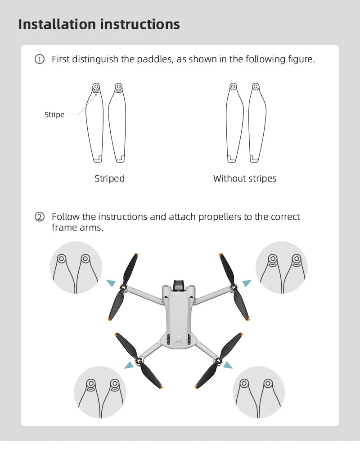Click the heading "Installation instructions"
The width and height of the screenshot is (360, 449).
point(99,24)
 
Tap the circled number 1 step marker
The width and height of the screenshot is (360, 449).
point(40,59)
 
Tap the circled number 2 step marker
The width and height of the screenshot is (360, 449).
point(40,217)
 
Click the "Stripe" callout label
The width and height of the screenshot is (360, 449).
point(54,115)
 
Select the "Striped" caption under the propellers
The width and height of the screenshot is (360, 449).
point(109,179)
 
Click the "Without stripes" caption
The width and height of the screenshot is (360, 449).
point(245,179)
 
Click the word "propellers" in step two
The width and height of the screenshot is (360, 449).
point(220,217)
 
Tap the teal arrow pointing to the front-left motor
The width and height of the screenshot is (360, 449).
point(111,283)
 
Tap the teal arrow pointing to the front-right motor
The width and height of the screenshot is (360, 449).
point(247,283)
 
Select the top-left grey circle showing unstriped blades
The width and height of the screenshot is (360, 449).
point(76,268)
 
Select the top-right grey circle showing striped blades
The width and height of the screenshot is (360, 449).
point(282,268)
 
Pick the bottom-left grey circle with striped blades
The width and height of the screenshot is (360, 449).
point(100,392)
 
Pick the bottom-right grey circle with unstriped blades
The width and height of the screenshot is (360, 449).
point(259,392)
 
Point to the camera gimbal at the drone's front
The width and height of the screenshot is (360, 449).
point(179,285)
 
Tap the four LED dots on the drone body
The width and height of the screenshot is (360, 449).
point(179,341)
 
